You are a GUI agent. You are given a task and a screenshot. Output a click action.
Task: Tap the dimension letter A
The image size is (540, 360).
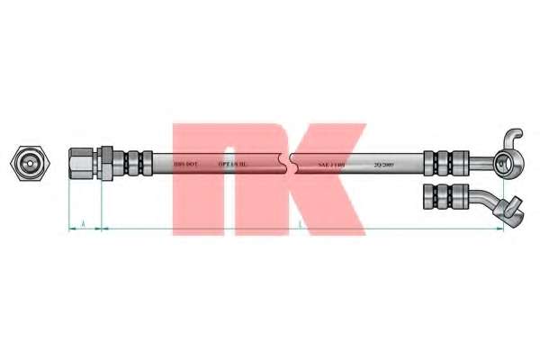pyautogui.click(x=84, y=222)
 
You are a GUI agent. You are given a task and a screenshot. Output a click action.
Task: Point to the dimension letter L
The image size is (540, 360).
pyautogui.click(x=298, y=222)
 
